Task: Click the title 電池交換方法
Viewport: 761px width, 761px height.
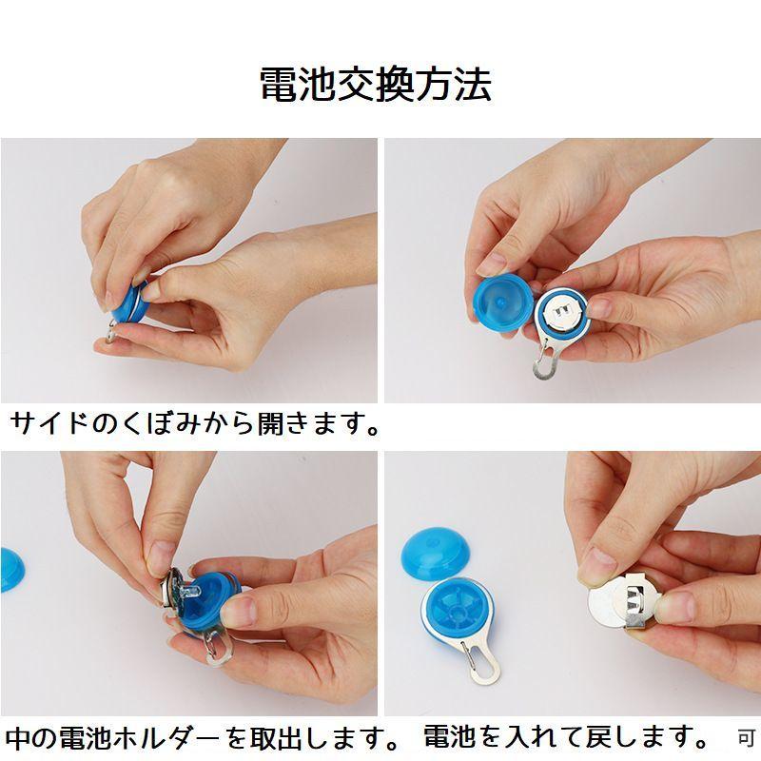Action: (x=376, y=85)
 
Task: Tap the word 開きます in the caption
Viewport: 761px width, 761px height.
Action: (x=317, y=423)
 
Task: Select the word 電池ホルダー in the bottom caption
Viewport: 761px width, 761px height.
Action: (x=140, y=738)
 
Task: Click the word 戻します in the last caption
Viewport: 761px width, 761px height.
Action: (x=646, y=737)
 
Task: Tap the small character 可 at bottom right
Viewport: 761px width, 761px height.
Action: (x=747, y=739)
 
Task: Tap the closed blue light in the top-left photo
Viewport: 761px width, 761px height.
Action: (x=130, y=302)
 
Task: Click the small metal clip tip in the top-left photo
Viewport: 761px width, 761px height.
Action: (x=111, y=334)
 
